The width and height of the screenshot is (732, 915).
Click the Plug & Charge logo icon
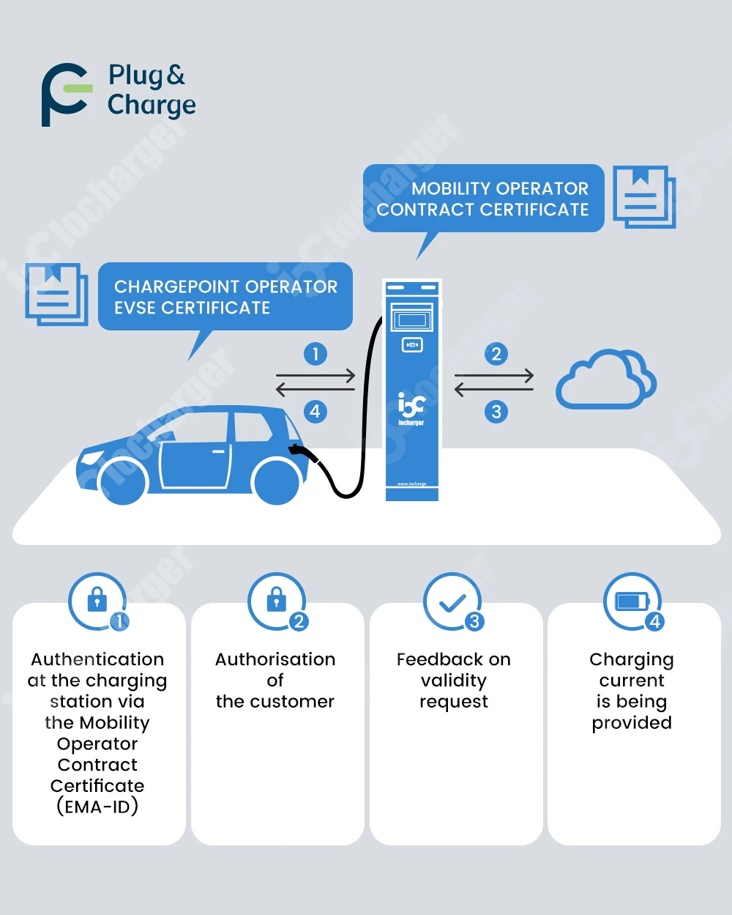point(66,95)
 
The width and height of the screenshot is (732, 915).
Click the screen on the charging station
point(412,320)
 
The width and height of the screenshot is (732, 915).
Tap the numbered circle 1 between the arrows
point(315,355)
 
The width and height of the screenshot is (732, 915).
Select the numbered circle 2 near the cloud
point(496,355)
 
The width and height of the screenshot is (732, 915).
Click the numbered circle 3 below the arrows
point(496,412)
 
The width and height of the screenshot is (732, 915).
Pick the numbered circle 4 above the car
point(315,412)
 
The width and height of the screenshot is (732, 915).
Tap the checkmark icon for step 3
point(452,602)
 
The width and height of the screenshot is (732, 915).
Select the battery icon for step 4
point(631,601)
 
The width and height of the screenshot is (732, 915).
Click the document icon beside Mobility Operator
point(643,196)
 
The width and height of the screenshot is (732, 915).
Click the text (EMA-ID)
point(97,807)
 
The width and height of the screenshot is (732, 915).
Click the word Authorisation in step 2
point(275,659)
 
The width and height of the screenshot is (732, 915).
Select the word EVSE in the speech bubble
point(135,308)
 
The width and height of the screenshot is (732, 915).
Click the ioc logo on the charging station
point(411,404)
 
